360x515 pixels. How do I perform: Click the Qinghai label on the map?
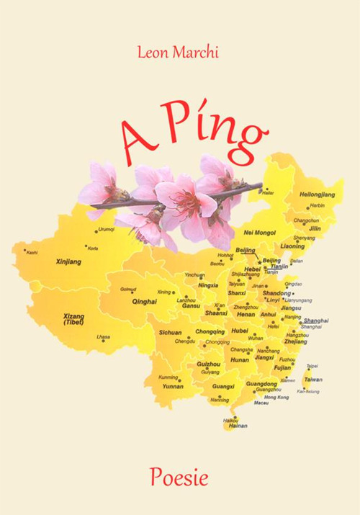coord(144,303)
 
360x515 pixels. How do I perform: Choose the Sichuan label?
coord(170,333)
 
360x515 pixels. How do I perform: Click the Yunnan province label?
coord(173,386)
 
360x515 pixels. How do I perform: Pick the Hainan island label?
coord(237,426)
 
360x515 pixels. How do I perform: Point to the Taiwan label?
coord(313,380)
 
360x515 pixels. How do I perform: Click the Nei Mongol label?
coord(260,233)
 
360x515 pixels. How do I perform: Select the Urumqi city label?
coord(106,229)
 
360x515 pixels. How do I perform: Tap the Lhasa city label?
coord(104,336)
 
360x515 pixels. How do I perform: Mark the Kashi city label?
coord(32,253)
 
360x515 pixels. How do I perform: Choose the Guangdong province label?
coord(261,384)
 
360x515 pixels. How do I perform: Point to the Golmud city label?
coord(127,289)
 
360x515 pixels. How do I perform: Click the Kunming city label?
coord(168,377)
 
